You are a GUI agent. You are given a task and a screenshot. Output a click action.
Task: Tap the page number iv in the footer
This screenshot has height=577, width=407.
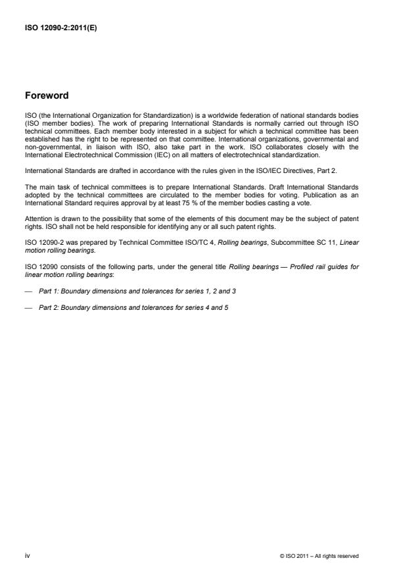click(27, 556)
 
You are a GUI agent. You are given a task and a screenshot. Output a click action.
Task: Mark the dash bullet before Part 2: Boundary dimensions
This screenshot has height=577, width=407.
click(28, 307)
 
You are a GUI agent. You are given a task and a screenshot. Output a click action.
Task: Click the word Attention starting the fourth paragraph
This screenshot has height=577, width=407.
click(37, 218)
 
